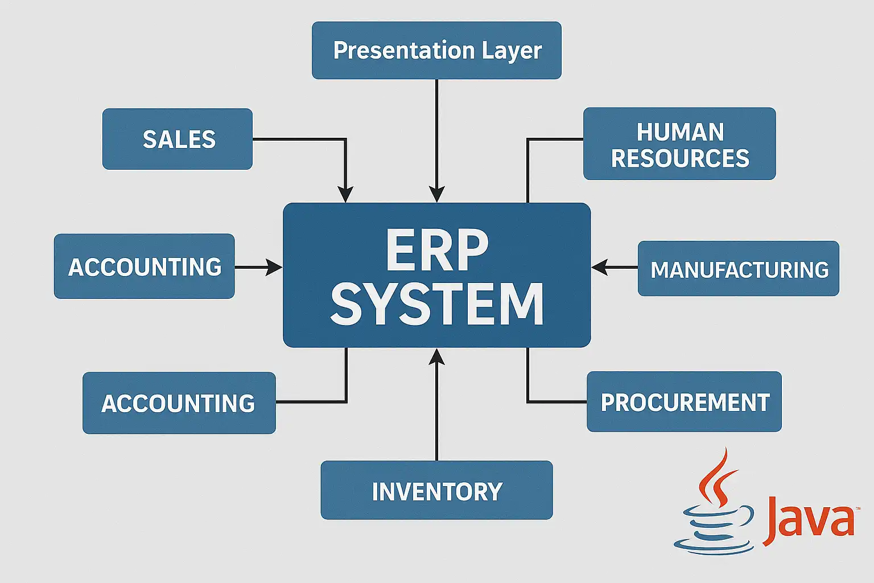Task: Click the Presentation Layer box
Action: tap(436, 50)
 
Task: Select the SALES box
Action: tap(178, 139)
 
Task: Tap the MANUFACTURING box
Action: tap(738, 269)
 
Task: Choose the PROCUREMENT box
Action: tap(684, 402)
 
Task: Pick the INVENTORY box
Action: tap(436, 490)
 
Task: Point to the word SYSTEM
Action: tap(436, 305)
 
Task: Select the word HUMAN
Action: tap(680, 132)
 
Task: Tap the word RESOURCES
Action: tap(680, 158)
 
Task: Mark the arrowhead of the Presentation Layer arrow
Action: tap(436, 195)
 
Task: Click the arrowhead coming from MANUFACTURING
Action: tap(599, 267)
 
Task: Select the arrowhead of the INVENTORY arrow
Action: tap(436, 356)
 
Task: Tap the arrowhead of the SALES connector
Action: tap(345, 195)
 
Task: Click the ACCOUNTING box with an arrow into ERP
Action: tap(144, 266)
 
